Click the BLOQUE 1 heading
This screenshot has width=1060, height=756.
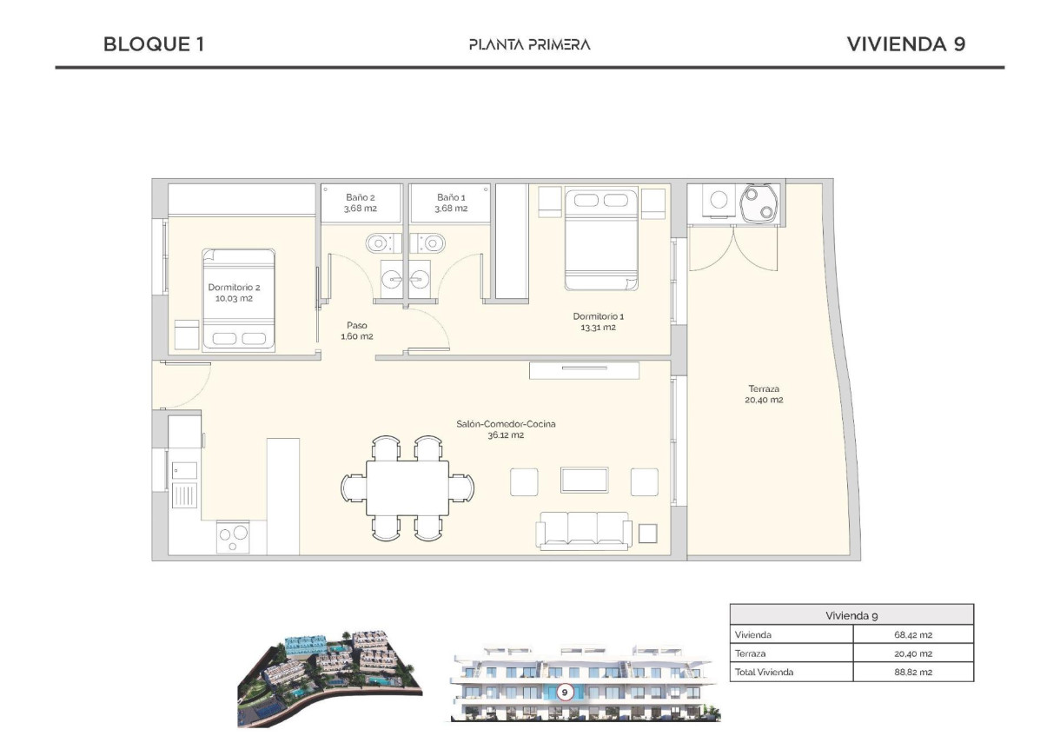154,44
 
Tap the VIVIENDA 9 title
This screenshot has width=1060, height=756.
905,44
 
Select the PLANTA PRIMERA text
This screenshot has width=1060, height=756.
529,44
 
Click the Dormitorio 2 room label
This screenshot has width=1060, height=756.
234,293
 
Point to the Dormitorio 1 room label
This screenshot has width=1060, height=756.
598,322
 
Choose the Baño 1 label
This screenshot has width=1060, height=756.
451,202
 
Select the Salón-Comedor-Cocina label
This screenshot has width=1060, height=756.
506,429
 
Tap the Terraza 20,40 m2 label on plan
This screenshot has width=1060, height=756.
765,395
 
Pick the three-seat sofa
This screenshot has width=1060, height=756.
584,530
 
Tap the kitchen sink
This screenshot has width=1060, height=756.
184,471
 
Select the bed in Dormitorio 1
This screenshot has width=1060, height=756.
600,240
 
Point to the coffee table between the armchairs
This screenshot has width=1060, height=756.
584,481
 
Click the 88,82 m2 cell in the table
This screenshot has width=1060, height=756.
911,672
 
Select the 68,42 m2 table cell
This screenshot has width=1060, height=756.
911,634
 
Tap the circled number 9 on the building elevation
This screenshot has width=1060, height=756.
565,693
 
